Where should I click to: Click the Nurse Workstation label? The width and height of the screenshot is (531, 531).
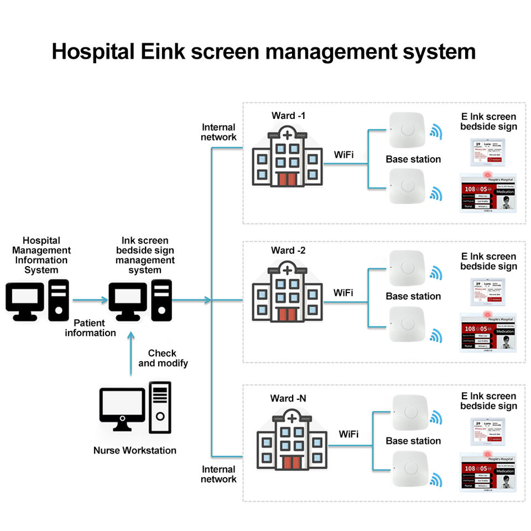[134, 450]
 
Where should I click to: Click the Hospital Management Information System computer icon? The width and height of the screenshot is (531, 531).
[37, 300]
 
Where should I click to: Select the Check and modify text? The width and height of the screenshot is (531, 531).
[163, 358]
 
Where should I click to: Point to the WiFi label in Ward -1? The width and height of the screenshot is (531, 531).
[343, 154]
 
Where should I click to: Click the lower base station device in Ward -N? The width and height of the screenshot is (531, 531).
[410, 470]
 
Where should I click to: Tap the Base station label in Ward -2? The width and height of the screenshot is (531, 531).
[413, 296]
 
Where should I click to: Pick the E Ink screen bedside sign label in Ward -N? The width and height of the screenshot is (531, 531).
[488, 401]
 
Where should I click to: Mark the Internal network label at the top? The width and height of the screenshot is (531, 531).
[218, 132]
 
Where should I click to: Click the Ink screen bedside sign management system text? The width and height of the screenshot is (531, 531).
[145, 256]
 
